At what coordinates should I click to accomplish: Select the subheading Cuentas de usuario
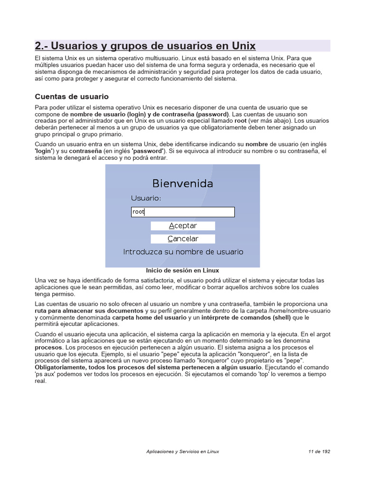point(72,97)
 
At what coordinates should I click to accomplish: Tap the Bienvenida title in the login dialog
point(182,183)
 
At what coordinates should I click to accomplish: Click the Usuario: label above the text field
point(146,198)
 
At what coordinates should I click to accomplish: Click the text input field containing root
point(182,212)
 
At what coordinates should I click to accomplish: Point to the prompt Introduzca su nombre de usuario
point(183,252)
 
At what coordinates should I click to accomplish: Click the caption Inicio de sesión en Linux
point(182,270)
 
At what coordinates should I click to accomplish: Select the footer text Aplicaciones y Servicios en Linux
point(182,452)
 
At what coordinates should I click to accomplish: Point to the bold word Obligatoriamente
point(60,368)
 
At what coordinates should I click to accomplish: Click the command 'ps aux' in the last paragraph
point(46,374)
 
